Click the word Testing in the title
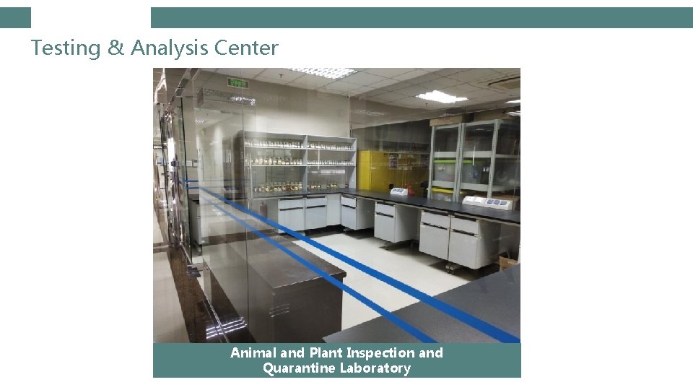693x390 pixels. pos(66,48)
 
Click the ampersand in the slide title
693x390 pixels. pos(115,48)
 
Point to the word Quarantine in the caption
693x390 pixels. pos(296,368)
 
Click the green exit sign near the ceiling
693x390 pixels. pos(238,83)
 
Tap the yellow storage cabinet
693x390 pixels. pos(383,170)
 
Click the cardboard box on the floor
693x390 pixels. pos(509,260)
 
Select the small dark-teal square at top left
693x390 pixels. pos(15,17)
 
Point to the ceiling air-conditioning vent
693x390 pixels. pos(505,81)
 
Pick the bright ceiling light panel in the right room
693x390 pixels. pos(440,96)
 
